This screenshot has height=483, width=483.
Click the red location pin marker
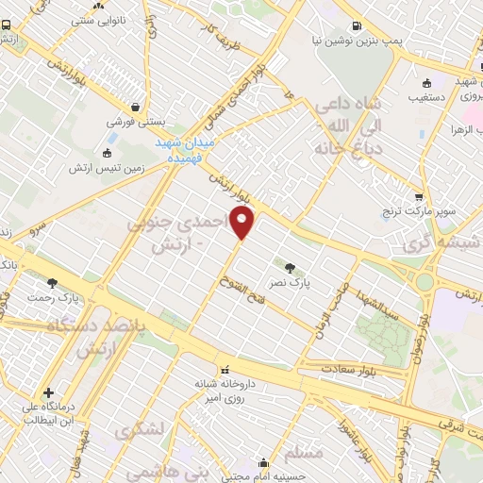click(x=242, y=223)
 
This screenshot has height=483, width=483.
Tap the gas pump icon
click(x=356, y=26)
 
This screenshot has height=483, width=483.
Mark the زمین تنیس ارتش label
click(x=105, y=168)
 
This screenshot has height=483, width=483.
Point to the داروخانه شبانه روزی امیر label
click(x=223, y=391)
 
